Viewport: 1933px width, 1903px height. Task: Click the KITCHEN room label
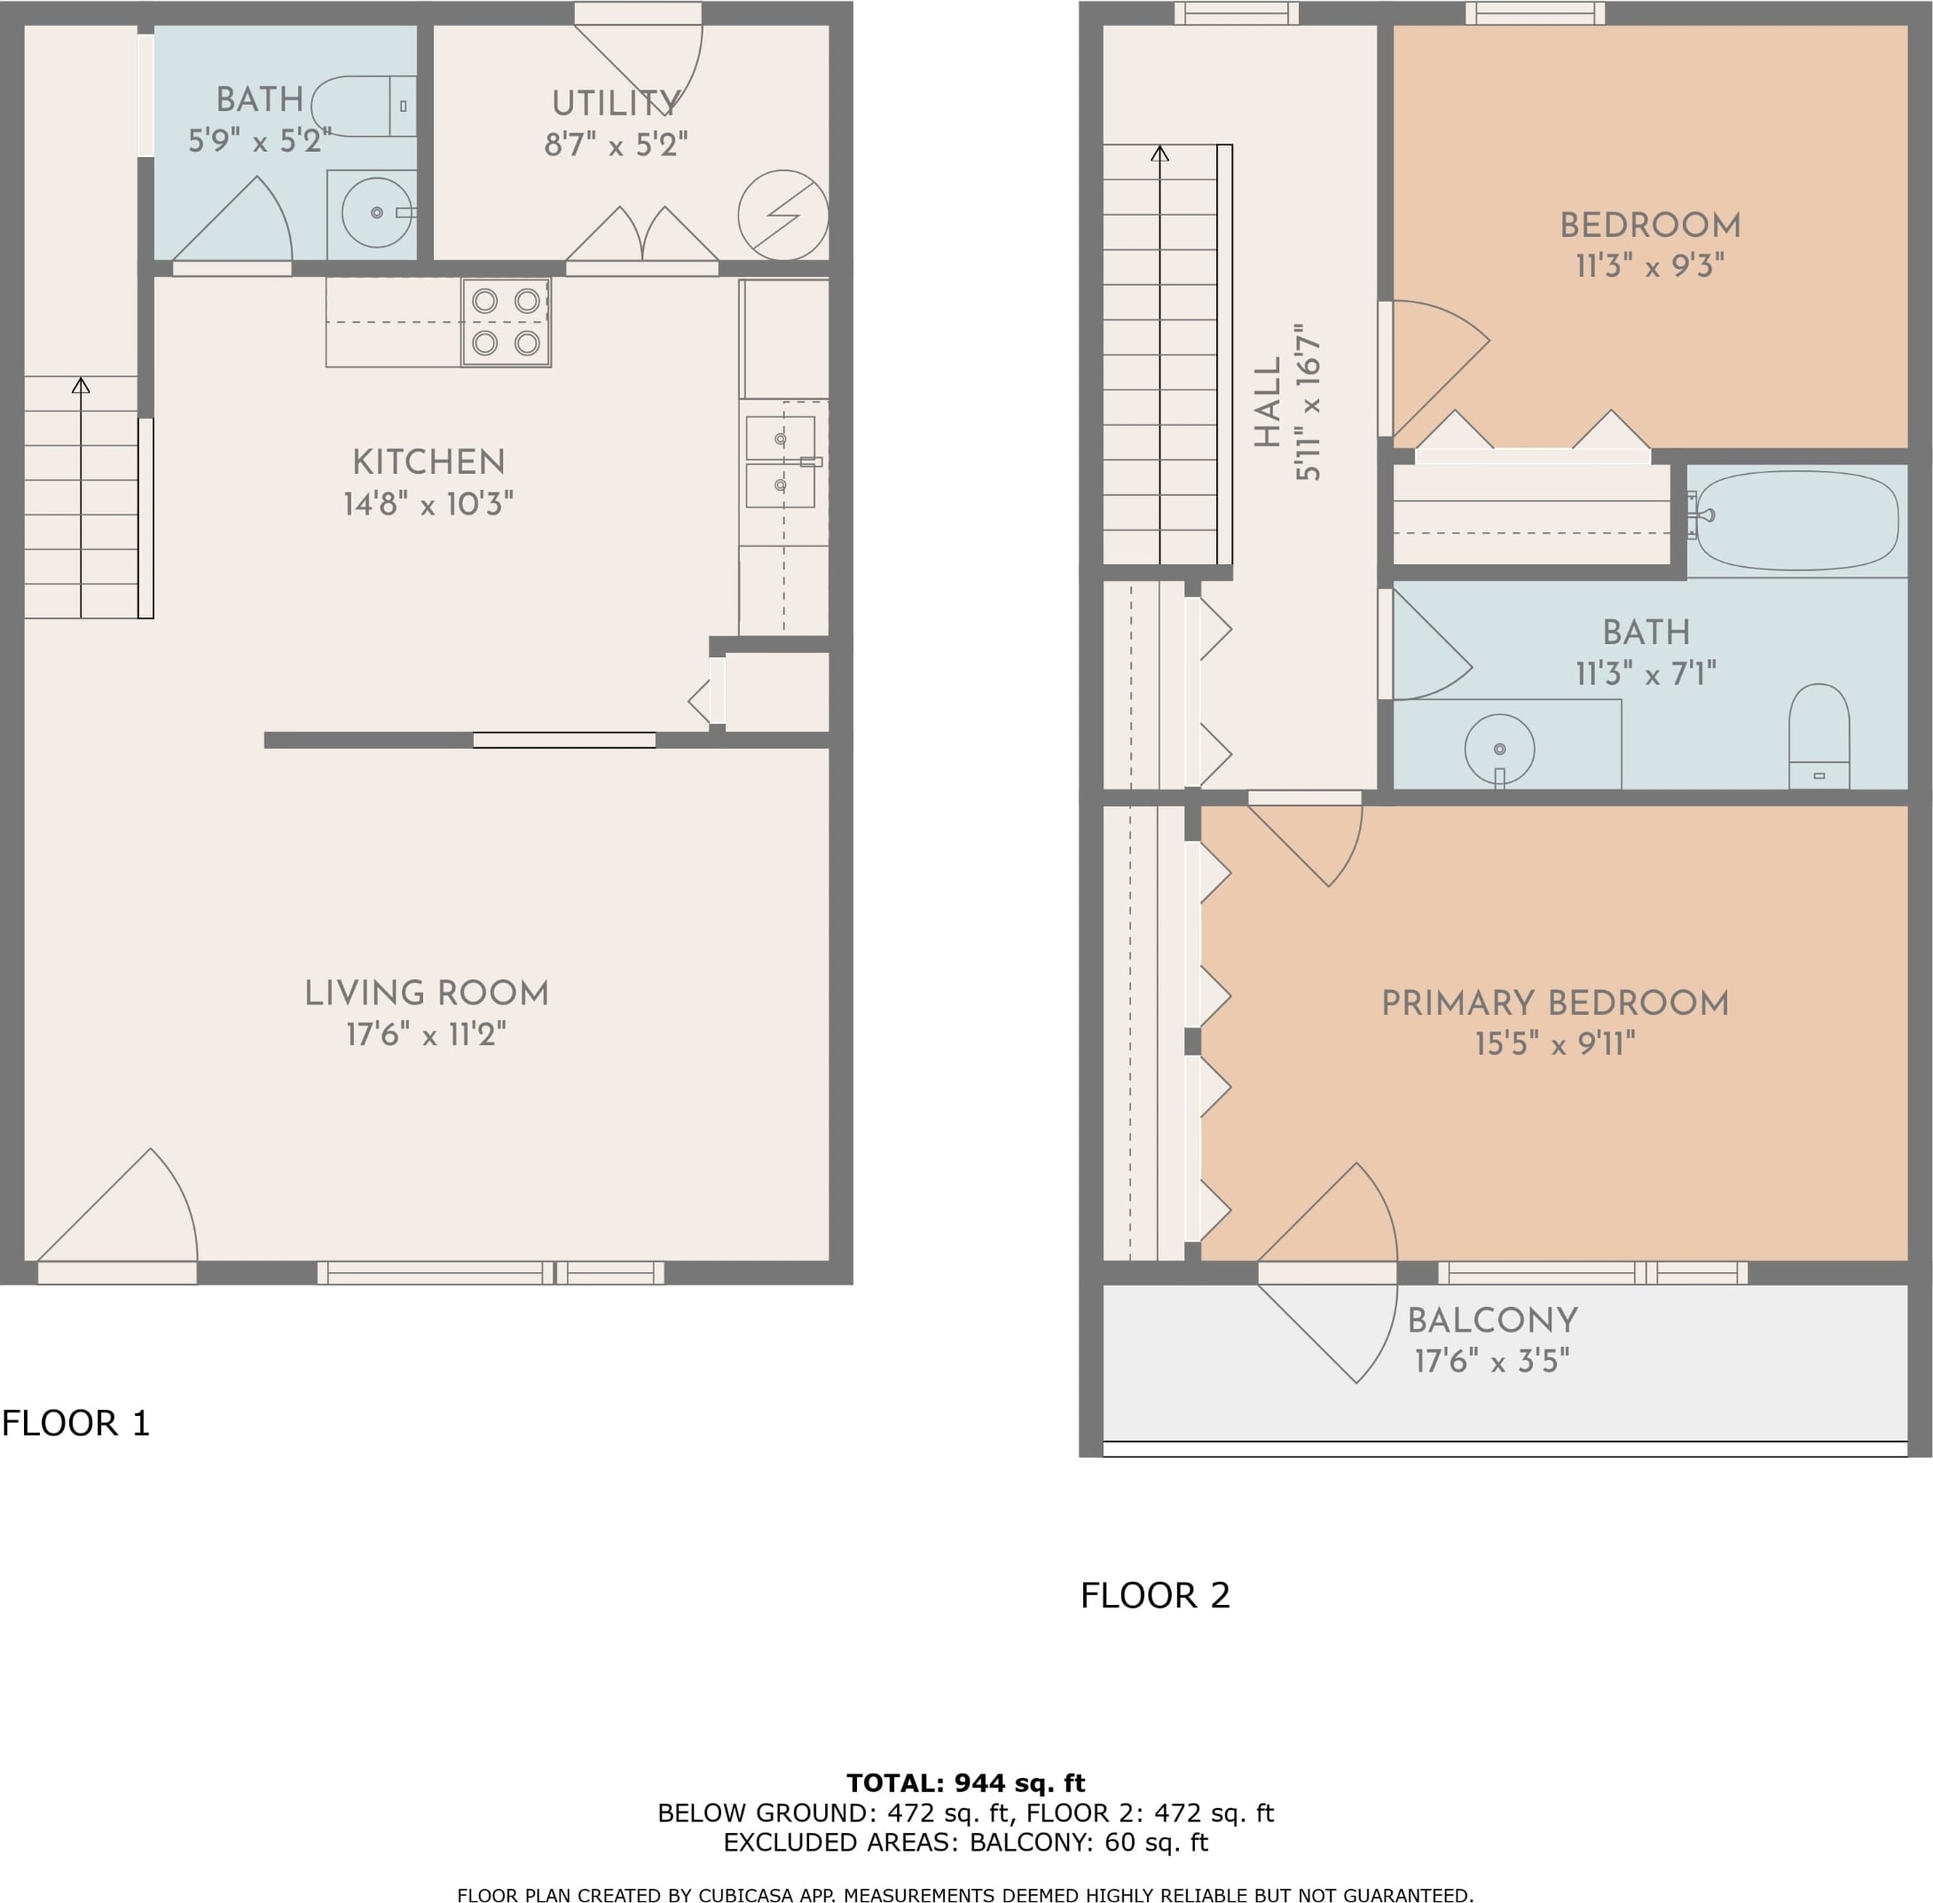click(x=428, y=461)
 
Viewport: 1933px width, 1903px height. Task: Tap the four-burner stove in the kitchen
click(x=506, y=322)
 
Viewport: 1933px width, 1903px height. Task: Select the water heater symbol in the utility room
click(x=783, y=215)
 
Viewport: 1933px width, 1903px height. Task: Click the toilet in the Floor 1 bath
click(x=364, y=106)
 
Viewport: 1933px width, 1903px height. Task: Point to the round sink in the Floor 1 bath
click(x=377, y=213)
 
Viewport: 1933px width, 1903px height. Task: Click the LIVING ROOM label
click(x=427, y=994)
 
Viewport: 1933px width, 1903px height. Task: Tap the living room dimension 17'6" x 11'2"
click(x=427, y=1034)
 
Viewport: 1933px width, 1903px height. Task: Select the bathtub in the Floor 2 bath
click(x=1797, y=520)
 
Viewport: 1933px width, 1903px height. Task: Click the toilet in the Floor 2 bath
click(x=1819, y=736)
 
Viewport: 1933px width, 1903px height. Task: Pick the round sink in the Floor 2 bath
click(x=1499, y=750)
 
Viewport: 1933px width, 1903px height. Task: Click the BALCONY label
click(x=1492, y=1321)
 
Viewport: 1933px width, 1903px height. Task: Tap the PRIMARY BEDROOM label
click(x=1555, y=1003)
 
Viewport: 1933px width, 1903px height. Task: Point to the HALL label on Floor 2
click(x=1268, y=403)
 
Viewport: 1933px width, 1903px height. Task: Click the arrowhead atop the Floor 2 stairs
click(x=1159, y=153)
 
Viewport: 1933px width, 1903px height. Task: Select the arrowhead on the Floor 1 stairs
click(x=81, y=385)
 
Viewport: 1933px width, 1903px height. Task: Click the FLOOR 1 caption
click(x=76, y=1423)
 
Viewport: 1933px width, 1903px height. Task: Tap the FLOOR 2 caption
click(x=1155, y=1595)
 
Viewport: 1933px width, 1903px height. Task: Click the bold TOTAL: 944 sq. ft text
click(x=965, y=1783)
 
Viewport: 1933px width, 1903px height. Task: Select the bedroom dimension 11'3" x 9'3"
click(x=1650, y=266)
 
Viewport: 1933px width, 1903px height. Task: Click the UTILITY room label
click(x=616, y=103)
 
